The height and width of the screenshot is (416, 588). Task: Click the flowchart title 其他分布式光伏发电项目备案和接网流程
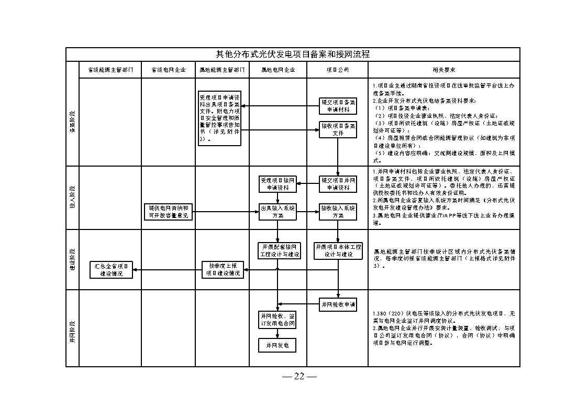(x=293, y=54)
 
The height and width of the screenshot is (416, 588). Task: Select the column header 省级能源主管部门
(x=110, y=70)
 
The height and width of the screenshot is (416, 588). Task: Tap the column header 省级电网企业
(x=168, y=70)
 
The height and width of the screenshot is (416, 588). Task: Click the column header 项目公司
(x=337, y=70)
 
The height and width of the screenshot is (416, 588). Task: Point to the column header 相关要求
(x=443, y=70)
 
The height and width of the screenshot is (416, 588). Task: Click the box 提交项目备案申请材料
(x=338, y=106)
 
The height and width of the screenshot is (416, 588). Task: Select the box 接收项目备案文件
(x=338, y=129)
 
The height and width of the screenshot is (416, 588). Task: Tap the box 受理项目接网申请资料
(x=278, y=184)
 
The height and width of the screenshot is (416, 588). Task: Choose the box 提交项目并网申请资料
(x=338, y=184)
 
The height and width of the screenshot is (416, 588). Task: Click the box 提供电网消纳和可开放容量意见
(x=168, y=212)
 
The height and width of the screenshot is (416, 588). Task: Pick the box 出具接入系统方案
(x=278, y=212)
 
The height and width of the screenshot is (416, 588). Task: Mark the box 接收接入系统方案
(x=338, y=212)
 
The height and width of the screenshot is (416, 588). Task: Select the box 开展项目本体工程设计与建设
(x=338, y=250)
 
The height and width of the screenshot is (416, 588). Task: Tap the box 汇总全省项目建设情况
(x=110, y=270)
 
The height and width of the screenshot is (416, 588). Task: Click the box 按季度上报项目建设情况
(x=223, y=270)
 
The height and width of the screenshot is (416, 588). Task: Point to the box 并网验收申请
(x=338, y=304)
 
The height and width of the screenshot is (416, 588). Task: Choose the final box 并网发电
(x=278, y=345)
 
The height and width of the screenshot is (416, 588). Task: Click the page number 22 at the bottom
(x=299, y=376)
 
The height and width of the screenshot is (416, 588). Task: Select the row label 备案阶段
(x=72, y=122)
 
